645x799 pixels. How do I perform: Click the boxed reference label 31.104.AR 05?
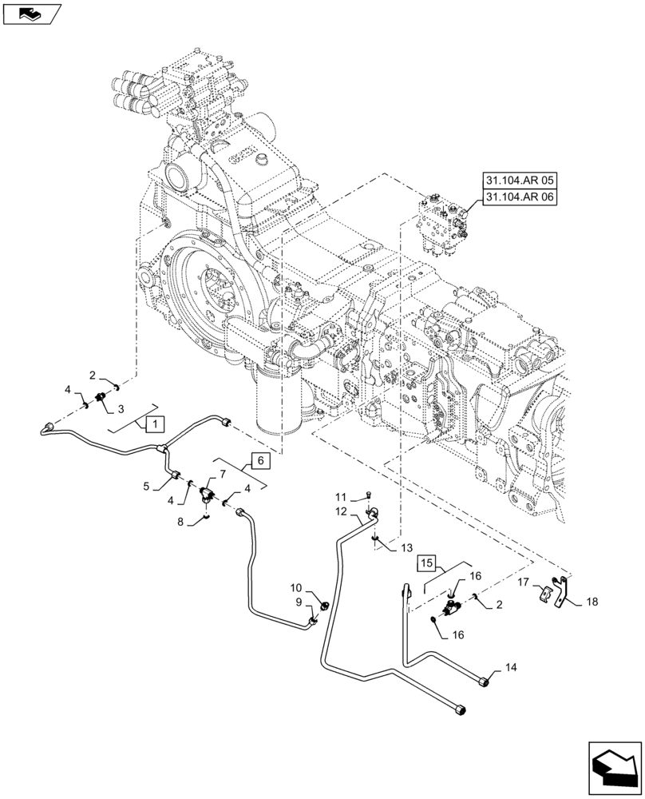(x=520, y=182)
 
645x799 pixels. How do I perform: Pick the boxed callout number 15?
(x=427, y=565)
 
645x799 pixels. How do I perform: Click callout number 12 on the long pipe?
(x=341, y=511)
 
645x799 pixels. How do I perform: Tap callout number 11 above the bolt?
(x=340, y=497)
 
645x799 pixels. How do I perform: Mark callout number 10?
(x=296, y=587)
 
